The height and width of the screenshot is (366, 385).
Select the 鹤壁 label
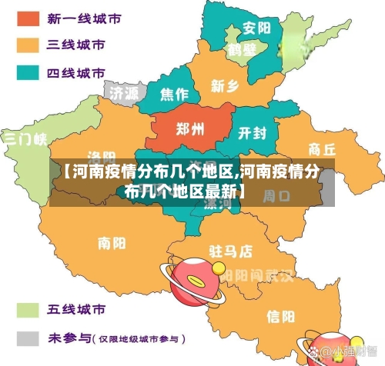[x=241, y=50]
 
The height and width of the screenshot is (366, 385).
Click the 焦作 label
[x=174, y=95]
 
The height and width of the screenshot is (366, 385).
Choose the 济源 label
[x=124, y=92]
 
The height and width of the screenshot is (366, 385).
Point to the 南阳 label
[x=112, y=244]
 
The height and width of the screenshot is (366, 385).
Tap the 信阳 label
[x=280, y=316]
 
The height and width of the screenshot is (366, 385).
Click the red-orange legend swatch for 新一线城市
[x=28, y=17]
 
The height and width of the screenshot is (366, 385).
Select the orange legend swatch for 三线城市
[x=28, y=45]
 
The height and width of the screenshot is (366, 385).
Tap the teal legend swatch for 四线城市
[x=28, y=73]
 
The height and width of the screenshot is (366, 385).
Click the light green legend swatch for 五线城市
[x=28, y=311]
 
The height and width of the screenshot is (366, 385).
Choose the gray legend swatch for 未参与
[x=28, y=338]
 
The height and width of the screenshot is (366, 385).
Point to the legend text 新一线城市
[x=76, y=17]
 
